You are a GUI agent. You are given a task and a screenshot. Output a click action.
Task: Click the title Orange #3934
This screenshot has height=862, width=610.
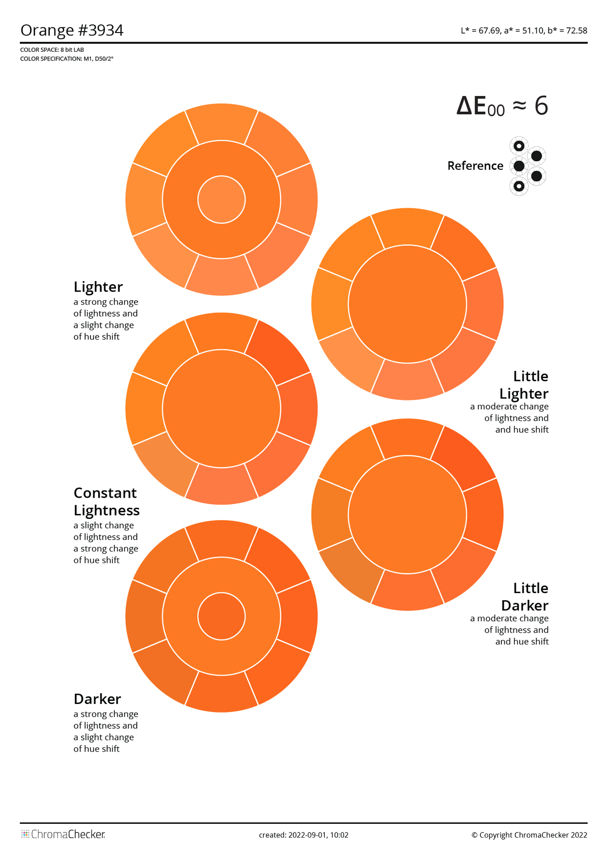click(x=72, y=30)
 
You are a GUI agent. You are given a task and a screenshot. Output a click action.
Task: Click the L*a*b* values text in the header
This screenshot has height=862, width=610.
click(x=524, y=30)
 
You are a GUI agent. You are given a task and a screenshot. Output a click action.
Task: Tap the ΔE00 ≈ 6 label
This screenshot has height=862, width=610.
click(x=502, y=106)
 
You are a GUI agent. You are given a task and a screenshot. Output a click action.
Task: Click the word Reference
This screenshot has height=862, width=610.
click(x=475, y=166)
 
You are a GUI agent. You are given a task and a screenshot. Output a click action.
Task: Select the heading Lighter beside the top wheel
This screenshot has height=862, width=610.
click(x=98, y=287)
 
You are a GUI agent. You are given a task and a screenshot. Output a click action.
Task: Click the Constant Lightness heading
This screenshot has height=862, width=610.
click(x=106, y=501)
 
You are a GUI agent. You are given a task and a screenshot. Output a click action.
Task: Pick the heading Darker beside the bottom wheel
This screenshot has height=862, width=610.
click(x=97, y=699)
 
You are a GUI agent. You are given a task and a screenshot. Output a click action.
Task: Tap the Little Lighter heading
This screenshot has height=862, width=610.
click(x=524, y=385)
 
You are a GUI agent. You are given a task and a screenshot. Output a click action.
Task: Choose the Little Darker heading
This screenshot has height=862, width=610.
click(x=525, y=597)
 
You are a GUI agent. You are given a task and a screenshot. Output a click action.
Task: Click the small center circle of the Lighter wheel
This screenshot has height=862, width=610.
click(x=222, y=200)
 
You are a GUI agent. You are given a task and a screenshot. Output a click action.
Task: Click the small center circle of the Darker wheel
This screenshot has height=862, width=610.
click(x=222, y=617)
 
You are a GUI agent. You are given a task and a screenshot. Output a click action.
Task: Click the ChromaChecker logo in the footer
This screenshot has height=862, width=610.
click(x=63, y=835)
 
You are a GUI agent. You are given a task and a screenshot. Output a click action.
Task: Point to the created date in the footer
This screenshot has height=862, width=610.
click(x=303, y=835)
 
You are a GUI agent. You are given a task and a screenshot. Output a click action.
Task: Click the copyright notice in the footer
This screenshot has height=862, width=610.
click(x=529, y=835)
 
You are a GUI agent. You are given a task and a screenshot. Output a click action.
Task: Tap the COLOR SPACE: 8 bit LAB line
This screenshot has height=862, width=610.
click(x=52, y=50)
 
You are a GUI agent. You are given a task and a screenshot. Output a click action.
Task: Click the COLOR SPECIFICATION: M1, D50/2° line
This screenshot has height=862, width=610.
click(x=67, y=59)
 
